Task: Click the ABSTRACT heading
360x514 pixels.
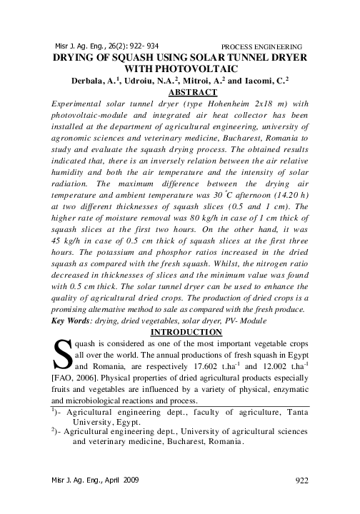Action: pyautogui.click(x=191, y=92)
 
